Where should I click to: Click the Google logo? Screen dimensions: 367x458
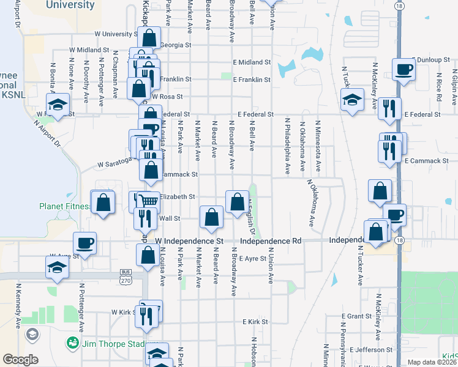(20, 360)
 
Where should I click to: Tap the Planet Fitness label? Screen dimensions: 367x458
(64, 206)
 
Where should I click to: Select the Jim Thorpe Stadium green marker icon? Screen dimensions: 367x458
(73, 342)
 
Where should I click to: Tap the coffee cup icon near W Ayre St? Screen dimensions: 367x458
(84, 243)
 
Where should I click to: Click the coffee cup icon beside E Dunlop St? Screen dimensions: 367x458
(404, 69)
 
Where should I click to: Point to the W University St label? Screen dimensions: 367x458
(116, 34)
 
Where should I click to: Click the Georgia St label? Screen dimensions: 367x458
(176, 45)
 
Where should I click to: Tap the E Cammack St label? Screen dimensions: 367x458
(427, 160)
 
